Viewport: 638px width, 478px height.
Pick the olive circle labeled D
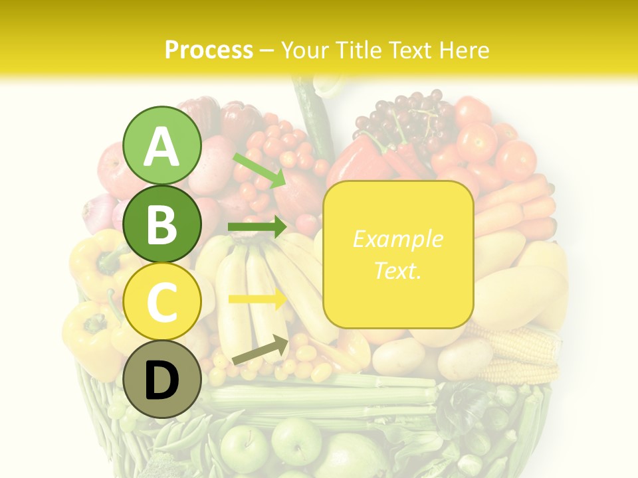coord(162,379)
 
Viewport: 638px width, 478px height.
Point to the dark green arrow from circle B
coord(257,228)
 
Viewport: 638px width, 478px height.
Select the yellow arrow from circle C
coord(257,299)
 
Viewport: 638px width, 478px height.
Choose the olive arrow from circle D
coord(260,351)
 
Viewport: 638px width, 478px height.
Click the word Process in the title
coord(209,50)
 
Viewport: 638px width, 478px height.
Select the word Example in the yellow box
coord(397,239)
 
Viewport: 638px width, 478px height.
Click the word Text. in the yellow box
coord(397,270)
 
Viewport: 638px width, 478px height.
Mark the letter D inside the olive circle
coord(162,380)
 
